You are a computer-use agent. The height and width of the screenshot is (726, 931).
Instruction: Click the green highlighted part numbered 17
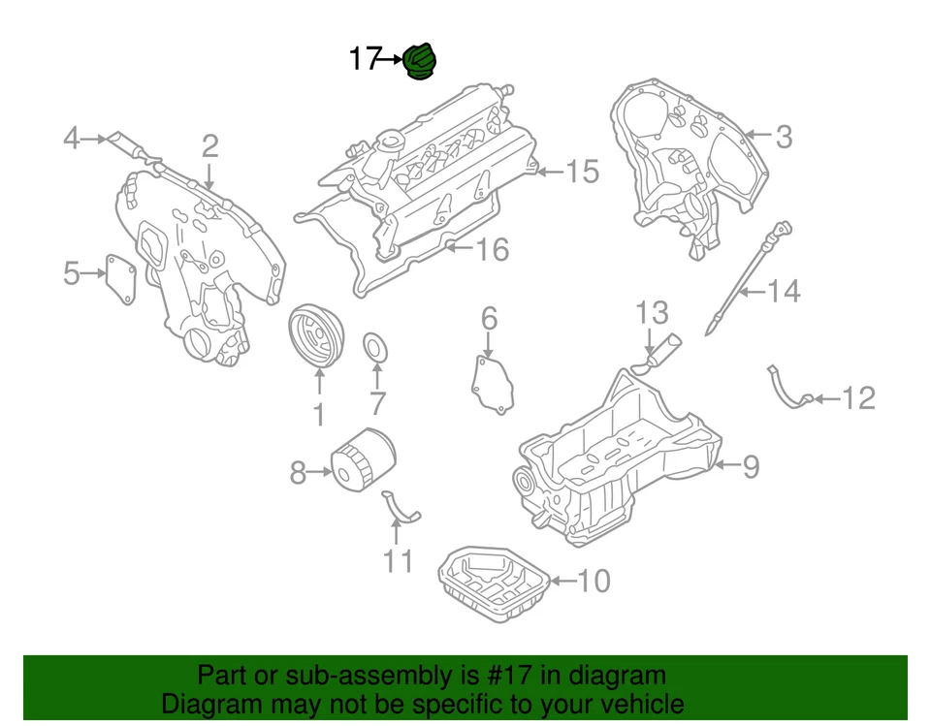[x=420, y=62]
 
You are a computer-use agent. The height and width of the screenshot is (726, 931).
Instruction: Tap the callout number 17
[x=364, y=60]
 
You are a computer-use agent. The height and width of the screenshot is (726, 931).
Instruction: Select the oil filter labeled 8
[x=363, y=466]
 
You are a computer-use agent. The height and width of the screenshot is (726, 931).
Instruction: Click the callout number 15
[x=582, y=173]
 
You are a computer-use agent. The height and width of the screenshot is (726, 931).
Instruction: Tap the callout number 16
[x=492, y=250]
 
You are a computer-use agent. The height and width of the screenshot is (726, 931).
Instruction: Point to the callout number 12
[x=858, y=398]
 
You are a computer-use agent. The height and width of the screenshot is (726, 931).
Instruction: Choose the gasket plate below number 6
[x=492, y=385]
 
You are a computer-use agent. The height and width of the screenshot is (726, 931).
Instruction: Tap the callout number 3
[x=783, y=138]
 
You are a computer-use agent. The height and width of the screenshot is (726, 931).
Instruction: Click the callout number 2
[x=209, y=146]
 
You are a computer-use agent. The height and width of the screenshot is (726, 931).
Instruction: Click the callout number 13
[x=652, y=312]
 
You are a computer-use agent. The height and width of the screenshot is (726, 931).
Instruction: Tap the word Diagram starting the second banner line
[x=214, y=704]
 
